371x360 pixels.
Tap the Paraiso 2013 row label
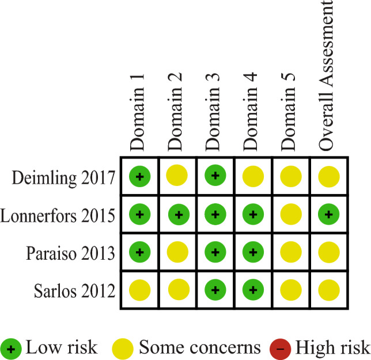[x=70, y=252]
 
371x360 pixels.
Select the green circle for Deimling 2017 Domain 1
[x=139, y=175]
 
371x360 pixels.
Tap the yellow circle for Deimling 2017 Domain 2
[x=177, y=176]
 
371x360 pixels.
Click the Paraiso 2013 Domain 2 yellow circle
[x=177, y=252]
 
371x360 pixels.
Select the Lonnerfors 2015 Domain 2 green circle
[x=177, y=214]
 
